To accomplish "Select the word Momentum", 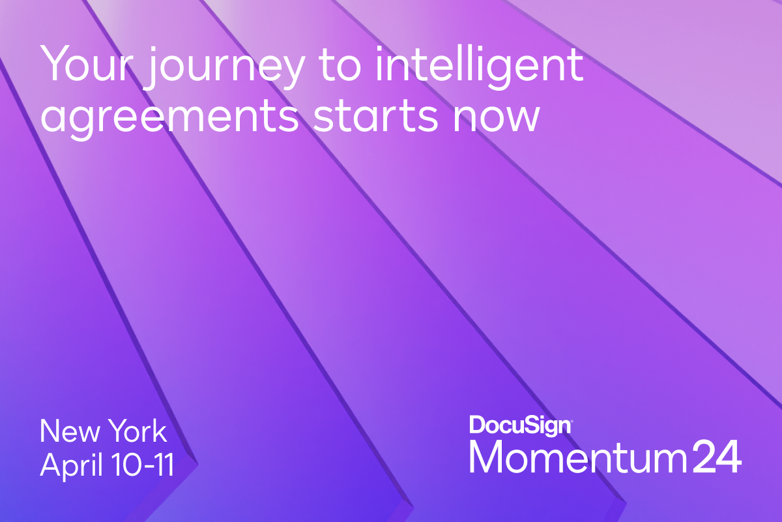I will [577, 458].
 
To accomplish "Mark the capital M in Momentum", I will [487, 458].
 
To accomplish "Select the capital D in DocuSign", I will [477, 425].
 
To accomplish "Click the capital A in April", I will [51, 466].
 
